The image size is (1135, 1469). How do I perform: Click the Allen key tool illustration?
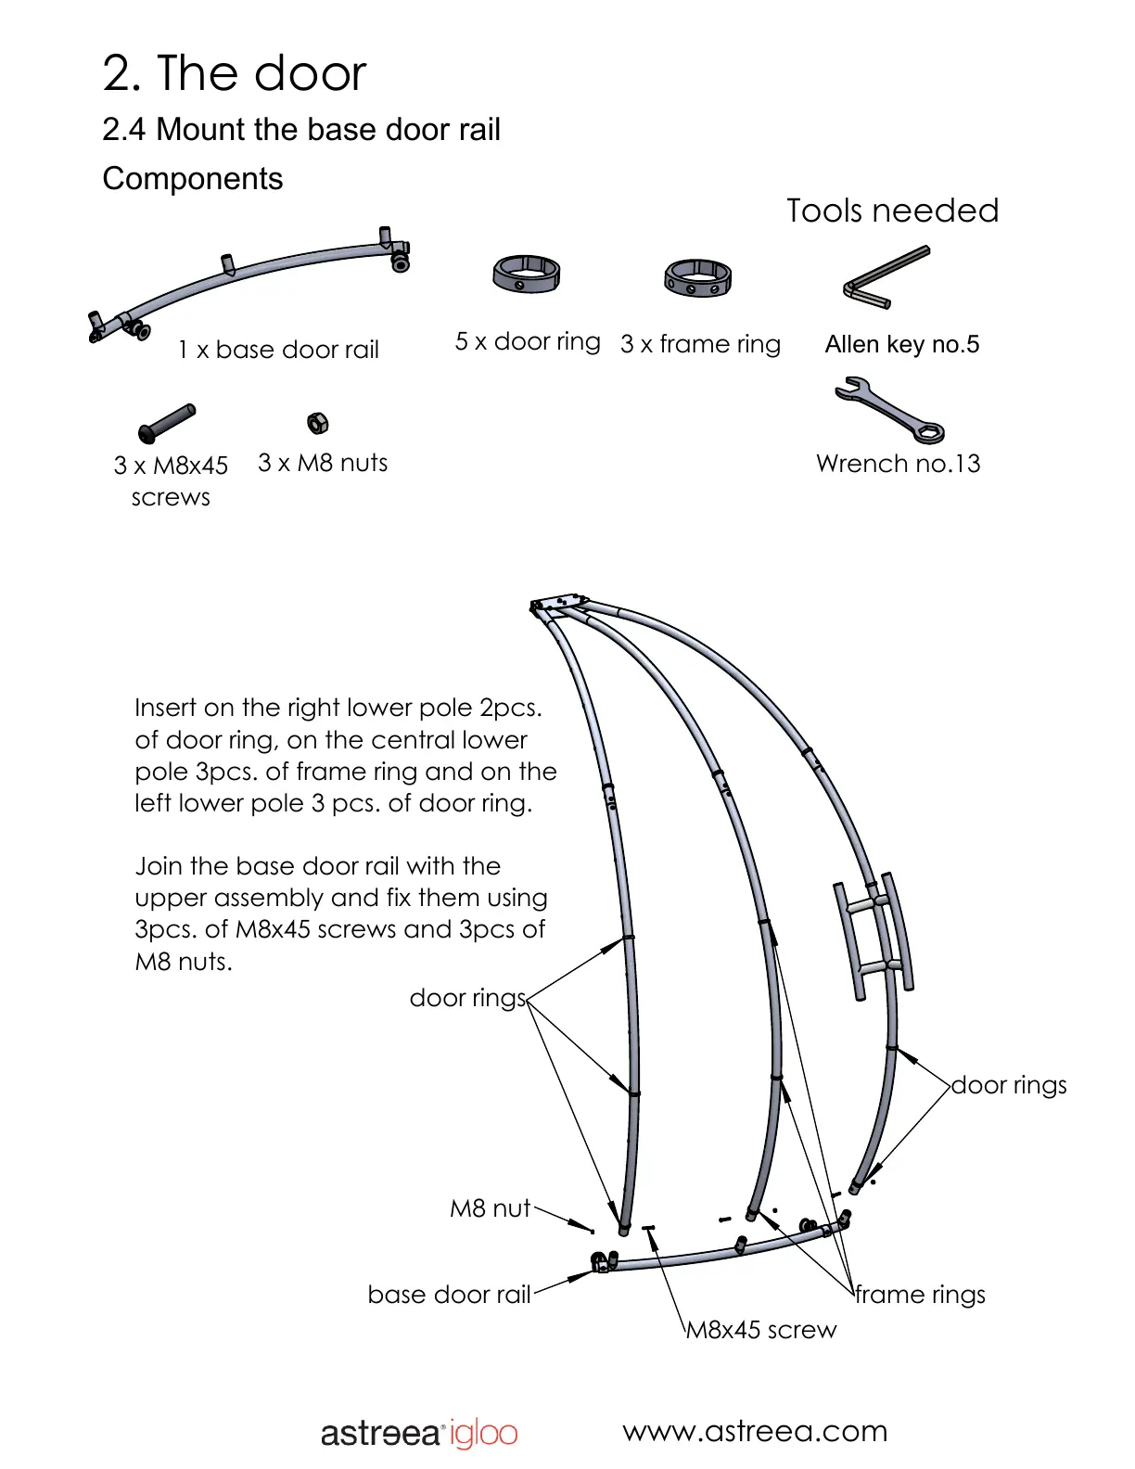tap(885, 277)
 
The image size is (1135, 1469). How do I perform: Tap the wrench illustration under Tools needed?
tap(889, 410)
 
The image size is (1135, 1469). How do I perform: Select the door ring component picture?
tap(526, 275)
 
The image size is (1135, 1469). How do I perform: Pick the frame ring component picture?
tap(697, 278)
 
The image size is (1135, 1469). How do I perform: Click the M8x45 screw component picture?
tap(167, 423)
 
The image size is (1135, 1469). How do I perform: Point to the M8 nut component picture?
tap(317, 423)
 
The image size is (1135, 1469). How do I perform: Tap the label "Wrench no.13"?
tap(898, 464)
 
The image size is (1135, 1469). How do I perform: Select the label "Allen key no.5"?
tap(901, 344)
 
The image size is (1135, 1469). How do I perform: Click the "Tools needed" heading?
tap(892, 211)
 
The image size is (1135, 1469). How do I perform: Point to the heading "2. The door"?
tap(235, 73)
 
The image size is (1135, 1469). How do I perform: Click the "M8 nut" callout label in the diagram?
tap(490, 1208)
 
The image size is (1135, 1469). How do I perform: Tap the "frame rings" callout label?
tap(920, 1295)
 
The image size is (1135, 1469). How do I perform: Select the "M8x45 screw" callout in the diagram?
tap(760, 1330)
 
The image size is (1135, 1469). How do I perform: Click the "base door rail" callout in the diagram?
tap(449, 1295)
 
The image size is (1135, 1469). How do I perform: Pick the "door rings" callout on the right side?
tap(1009, 1085)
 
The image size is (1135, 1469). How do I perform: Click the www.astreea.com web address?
tap(755, 1431)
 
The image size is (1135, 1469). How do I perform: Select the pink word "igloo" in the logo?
tap(483, 1434)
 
